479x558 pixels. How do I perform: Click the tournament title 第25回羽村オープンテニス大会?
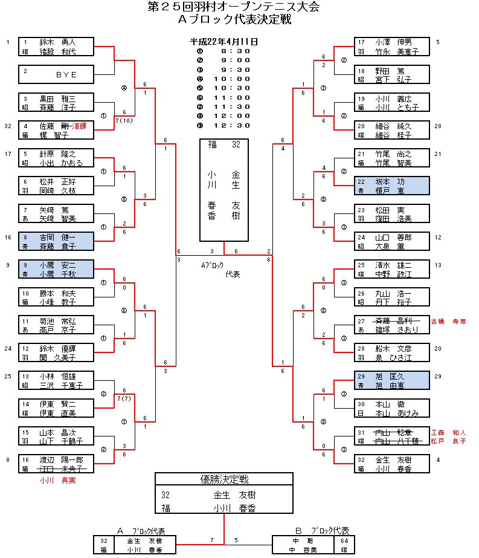pyautogui.click(x=235, y=7)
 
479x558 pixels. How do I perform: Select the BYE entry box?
pyautogui.click(x=56, y=74)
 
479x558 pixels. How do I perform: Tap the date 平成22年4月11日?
pyautogui.click(x=224, y=42)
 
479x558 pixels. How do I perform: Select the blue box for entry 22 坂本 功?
pyautogui.click(x=391, y=186)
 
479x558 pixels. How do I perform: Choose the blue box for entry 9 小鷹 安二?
pyautogui.click(x=56, y=270)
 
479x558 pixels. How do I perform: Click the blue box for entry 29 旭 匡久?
pyautogui.click(x=391, y=381)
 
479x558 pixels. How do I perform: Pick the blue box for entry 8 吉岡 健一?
pyautogui.click(x=56, y=242)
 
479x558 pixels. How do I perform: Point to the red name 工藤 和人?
pyautogui.click(x=448, y=432)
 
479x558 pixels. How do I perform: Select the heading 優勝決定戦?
pyautogui.click(x=224, y=479)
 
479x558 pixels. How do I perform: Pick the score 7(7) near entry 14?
pyautogui.click(x=125, y=398)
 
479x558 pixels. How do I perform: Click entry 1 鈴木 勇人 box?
pyautogui.click(x=56, y=47)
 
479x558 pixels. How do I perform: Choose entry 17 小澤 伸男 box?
pyautogui.click(x=391, y=47)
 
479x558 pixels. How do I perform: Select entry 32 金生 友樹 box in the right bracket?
pyautogui.click(x=391, y=464)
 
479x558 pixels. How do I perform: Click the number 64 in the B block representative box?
pyautogui.click(x=344, y=540)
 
